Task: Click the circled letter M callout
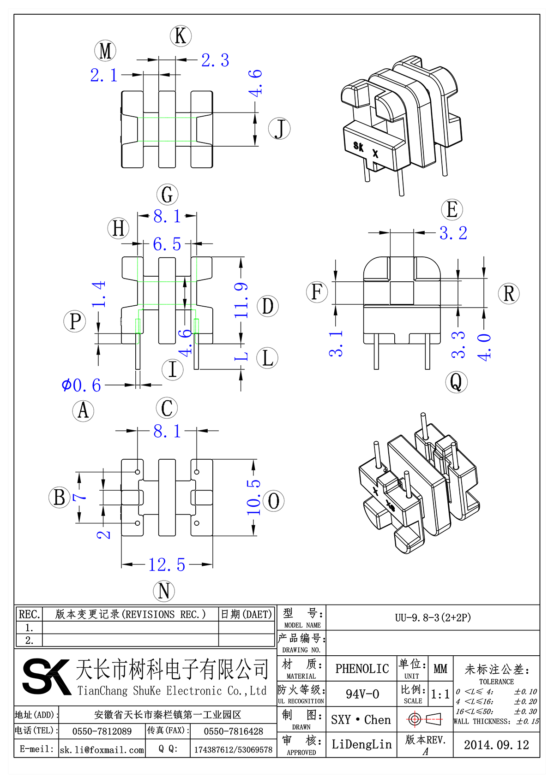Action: [105, 51]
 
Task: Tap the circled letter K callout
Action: [181, 36]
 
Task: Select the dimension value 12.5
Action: [167, 564]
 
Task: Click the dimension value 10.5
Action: [253, 497]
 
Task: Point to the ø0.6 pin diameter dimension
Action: [81, 385]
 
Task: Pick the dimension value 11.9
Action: [241, 300]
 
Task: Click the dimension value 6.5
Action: [167, 244]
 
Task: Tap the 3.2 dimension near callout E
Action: [453, 233]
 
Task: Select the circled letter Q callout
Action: [456, 382]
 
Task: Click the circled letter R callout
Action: [509, 294]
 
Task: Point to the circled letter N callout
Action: [164, 591]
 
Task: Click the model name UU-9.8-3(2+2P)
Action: [433, 617]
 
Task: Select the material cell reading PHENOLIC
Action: [362, 669]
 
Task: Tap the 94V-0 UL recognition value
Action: [362, 694]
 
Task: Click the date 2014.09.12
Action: [496, 745]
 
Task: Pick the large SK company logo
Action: [46, 676]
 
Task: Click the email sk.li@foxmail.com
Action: [102, 750]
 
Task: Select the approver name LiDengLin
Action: [361, 744]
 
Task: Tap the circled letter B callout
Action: [59, 498]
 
